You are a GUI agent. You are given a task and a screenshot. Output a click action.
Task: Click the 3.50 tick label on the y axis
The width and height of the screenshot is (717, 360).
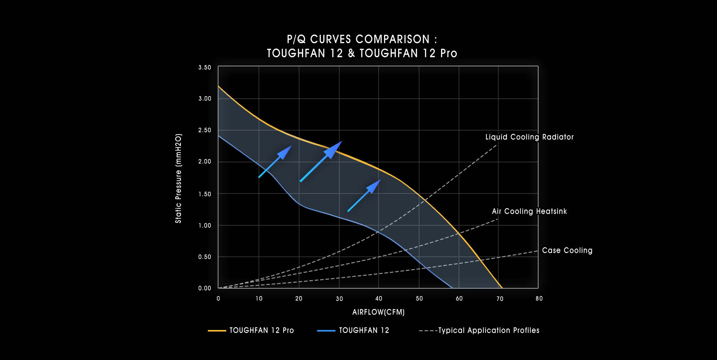205,67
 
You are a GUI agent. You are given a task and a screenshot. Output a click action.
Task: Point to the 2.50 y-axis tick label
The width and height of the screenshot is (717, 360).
205,130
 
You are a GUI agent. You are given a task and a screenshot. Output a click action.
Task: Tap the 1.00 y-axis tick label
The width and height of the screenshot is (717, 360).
205,226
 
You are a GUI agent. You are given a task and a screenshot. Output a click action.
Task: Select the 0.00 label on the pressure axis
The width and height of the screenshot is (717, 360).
205,288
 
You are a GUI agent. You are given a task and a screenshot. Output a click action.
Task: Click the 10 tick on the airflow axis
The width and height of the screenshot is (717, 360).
259,298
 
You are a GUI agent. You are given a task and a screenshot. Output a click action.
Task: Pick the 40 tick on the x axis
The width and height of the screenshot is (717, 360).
379,298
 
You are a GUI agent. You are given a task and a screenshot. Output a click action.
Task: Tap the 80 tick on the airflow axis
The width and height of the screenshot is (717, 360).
539,298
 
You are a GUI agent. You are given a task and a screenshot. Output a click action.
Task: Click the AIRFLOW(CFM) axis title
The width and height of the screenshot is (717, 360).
378,312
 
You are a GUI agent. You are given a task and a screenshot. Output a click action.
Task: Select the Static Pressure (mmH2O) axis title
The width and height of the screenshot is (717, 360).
178,178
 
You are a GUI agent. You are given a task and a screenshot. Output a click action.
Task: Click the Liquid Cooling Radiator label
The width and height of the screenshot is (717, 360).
529,137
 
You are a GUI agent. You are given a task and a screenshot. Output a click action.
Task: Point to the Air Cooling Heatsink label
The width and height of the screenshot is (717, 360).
529,211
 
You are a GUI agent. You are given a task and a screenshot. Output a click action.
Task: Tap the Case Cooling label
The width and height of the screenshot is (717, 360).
567,250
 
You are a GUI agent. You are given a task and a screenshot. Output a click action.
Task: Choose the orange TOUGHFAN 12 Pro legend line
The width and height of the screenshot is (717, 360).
217,331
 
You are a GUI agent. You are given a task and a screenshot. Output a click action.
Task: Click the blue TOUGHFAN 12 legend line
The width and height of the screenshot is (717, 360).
326,331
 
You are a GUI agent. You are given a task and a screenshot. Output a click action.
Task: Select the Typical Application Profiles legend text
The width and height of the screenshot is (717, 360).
489,331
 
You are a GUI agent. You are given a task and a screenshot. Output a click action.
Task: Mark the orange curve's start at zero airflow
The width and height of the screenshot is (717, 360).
218,86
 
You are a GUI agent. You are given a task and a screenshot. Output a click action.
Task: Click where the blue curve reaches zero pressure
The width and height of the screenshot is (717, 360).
452,288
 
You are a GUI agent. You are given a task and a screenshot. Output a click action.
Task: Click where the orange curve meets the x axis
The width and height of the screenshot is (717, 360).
502,288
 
